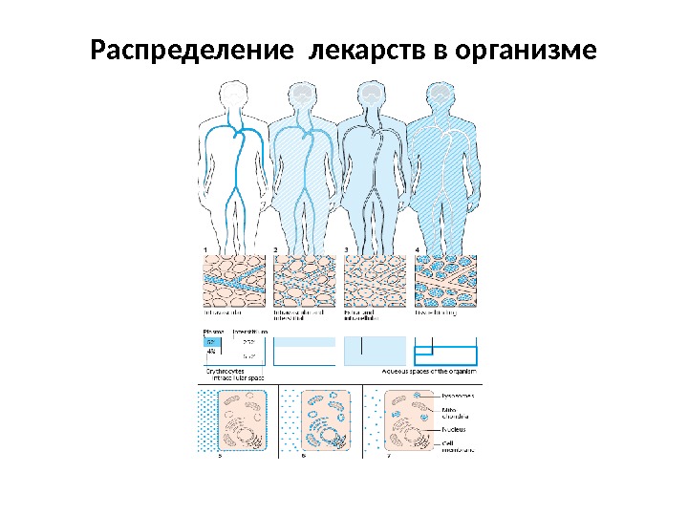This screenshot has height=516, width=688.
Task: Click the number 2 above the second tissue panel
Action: [276, 250]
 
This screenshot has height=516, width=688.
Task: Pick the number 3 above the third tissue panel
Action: [346, 250]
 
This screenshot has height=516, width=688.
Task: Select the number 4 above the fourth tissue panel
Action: [417, 250]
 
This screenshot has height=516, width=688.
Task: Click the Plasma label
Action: [213, 330]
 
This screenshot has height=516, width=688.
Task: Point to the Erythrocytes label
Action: [225, 371]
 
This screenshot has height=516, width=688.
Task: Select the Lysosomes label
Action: [461, 394]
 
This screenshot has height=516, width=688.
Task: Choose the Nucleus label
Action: [456, 431]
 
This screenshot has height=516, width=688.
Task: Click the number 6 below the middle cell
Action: [303, 457]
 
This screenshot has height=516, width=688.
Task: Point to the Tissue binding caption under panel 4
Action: [437, 312]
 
